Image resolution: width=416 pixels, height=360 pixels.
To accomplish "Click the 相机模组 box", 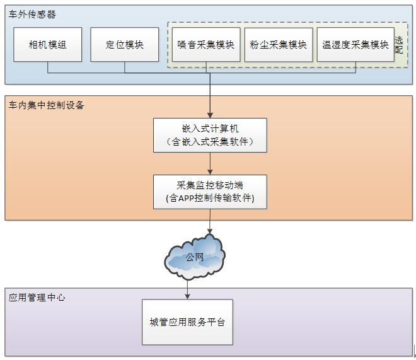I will click(48, 45).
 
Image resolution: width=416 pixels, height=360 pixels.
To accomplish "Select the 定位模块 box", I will click(125, 45).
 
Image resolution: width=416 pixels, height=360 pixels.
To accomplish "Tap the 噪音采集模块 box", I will click(206, 45).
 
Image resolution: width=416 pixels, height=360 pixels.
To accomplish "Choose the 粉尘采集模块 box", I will click(279, 45).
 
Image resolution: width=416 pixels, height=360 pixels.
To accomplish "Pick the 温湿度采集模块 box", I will click(355, 45).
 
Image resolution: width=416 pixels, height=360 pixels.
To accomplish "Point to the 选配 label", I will click(399, 45).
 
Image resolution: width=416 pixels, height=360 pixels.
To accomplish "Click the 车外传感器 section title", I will click(32, 13).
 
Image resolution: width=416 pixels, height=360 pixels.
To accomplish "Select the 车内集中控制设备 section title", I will click(46, 105).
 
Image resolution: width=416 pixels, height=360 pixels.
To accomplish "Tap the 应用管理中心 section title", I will click(37, 296).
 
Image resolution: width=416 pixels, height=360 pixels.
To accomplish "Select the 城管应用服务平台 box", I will click(187, 322).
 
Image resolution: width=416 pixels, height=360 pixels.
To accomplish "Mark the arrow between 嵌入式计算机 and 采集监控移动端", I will click(210, 163).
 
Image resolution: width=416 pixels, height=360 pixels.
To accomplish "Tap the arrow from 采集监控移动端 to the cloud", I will click(210, 222).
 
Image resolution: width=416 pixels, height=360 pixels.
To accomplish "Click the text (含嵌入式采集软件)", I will click(210, 142).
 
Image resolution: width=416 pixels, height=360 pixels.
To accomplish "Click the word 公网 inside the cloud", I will click(195, 257).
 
